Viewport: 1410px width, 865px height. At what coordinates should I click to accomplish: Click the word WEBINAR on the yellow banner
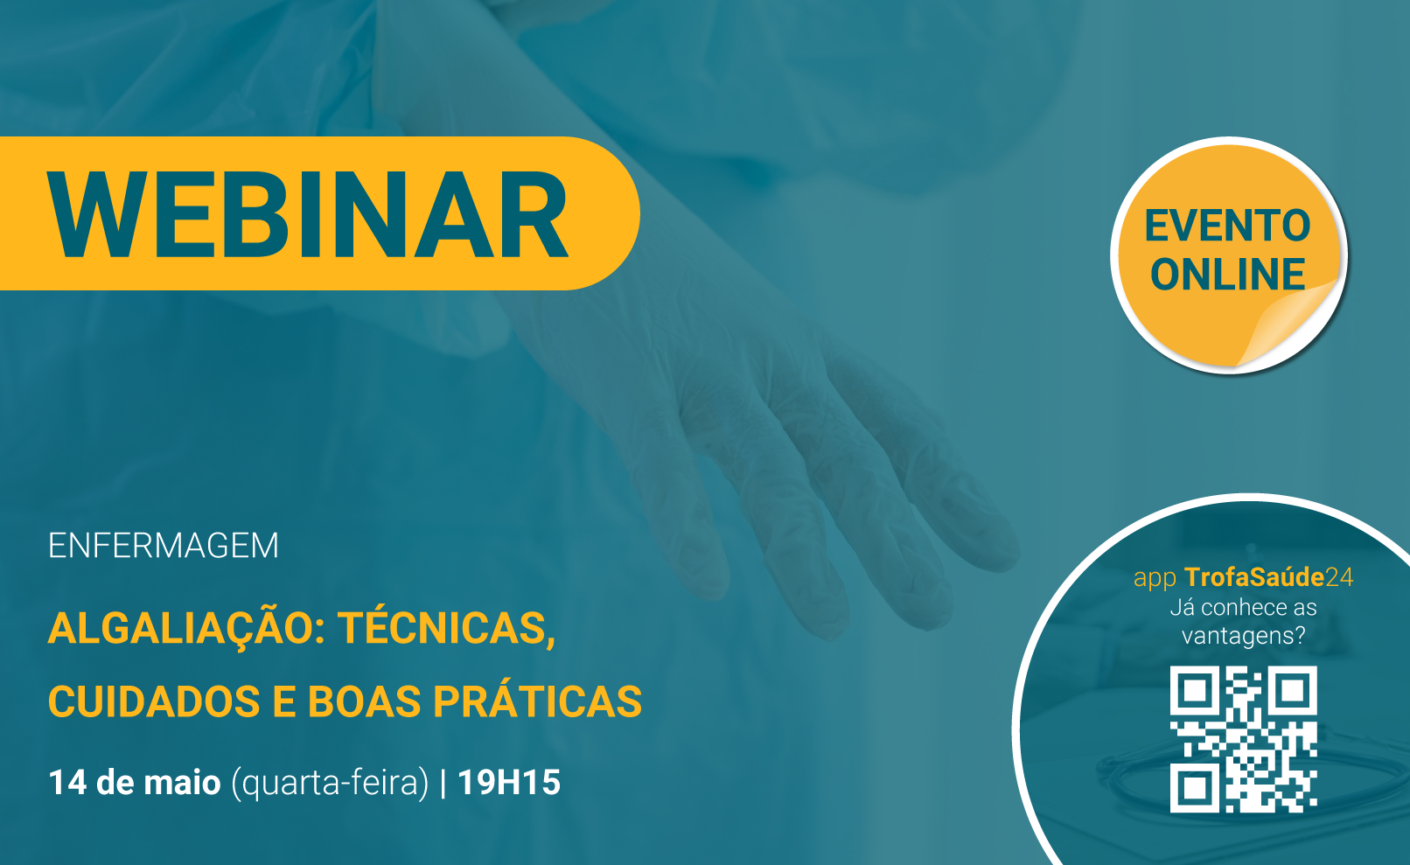point(308,214)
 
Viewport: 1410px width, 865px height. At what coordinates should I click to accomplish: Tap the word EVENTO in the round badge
point(1227,226)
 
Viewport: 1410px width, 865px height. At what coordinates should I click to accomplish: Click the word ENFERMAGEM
point(163,545)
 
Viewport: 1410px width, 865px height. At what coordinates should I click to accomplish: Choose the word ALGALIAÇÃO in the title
point(186,629)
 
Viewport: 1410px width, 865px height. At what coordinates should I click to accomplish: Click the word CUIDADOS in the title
point(154,701)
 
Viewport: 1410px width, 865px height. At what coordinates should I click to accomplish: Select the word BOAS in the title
point(365,701)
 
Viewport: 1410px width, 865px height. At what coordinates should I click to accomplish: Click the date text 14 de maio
point(135,783)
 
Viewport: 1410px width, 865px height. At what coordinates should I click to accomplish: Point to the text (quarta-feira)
point(331,784)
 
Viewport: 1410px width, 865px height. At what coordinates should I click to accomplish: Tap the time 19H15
point(508,783)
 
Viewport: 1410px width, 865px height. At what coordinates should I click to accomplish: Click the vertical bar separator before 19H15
point(443,783)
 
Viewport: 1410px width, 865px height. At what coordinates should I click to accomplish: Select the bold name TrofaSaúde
point(1254,576)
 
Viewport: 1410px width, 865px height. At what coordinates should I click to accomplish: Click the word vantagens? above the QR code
point(1243,636)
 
